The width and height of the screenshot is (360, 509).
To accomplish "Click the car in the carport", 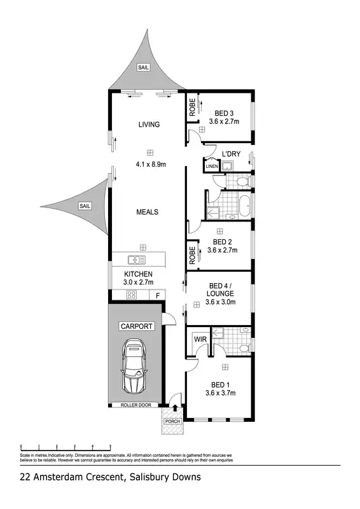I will (x=134, y=366).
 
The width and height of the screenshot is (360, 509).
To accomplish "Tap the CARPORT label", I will (x=136, y=326).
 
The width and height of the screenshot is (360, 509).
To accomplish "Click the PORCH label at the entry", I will (x=173, y=421).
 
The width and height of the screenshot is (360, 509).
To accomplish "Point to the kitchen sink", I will (x=136, y=260).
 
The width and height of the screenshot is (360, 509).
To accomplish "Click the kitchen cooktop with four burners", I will (x=133, y=295).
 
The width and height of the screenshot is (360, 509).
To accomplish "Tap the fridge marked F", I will (x=158, y=295).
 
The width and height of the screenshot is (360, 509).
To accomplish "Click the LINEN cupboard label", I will (x=211, y=167).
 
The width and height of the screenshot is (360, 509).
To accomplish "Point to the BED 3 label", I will (x=223, y=113).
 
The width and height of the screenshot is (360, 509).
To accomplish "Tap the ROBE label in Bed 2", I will (x=191, y=255).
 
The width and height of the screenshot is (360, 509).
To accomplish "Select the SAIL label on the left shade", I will (x=85, y=206).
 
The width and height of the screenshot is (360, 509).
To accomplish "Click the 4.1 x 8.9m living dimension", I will (x=150, y=164).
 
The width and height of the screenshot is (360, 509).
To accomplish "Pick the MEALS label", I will (x=148, y=212).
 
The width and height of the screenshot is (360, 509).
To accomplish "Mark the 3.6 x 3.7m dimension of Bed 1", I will (x=221, y=393).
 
